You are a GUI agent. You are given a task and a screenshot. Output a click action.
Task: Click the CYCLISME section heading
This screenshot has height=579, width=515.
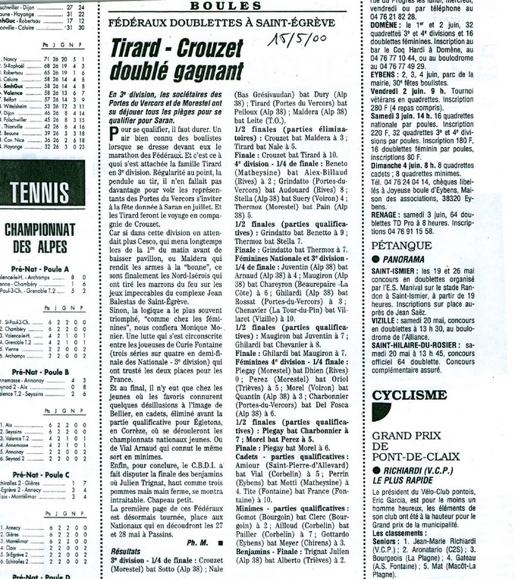click(410, 395)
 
